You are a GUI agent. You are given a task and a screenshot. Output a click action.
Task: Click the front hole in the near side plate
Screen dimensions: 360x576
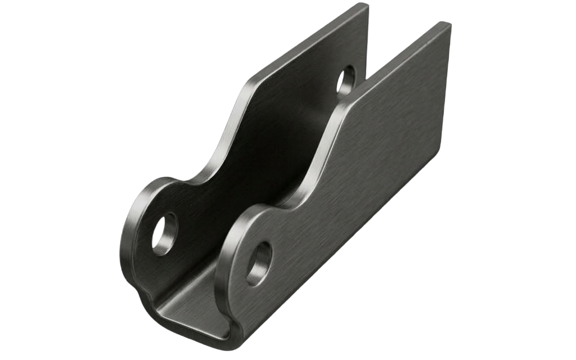click(259, 263)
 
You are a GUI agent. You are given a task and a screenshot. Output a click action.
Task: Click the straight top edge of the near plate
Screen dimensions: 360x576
click(394, 62)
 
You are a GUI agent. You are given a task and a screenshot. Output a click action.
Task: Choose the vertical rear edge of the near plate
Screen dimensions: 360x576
click(444, 90)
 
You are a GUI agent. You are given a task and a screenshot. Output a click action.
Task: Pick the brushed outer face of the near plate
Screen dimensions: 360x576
click(366, 169)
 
